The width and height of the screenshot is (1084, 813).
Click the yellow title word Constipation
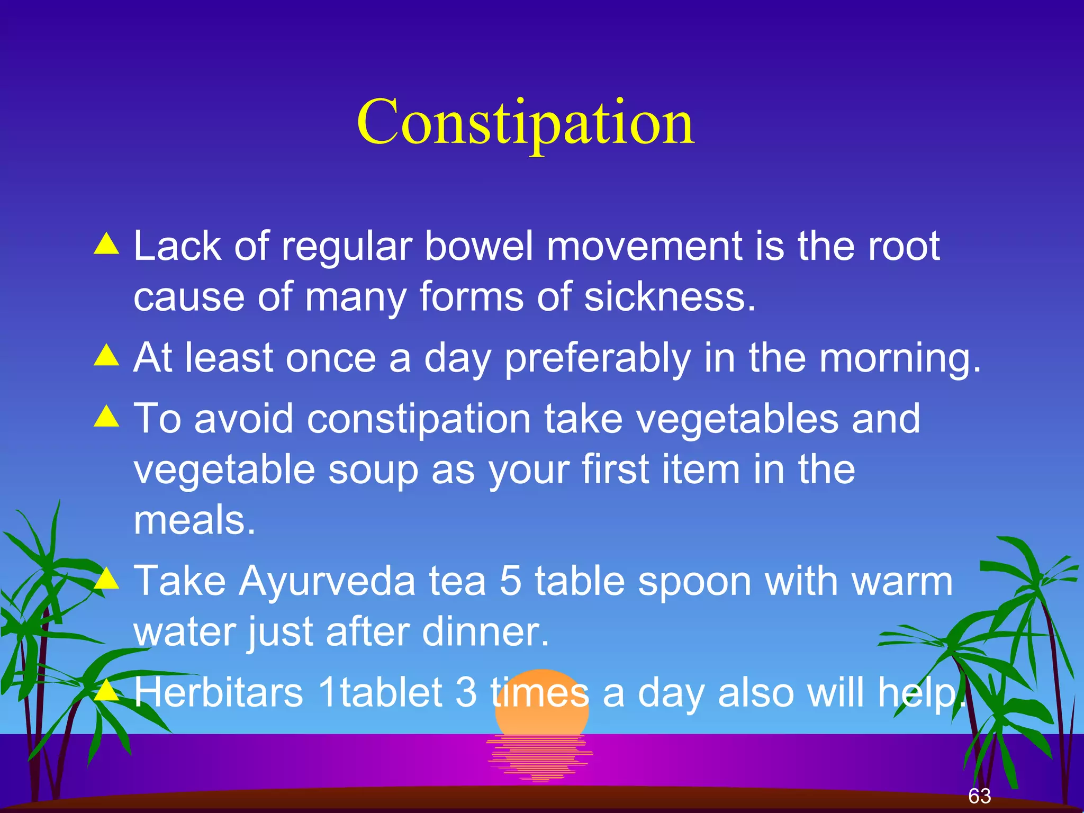tap(526, 123)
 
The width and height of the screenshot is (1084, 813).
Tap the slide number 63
tap(979, 796)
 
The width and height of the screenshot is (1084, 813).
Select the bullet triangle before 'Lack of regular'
tap(107, 245)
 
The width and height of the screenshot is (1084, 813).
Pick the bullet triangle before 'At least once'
tap(107, 356)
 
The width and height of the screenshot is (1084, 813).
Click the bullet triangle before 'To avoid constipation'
tap(107, 417)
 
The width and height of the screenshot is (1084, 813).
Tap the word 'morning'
tap(894, 358)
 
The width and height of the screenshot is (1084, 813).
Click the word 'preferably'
tap(598, 358)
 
